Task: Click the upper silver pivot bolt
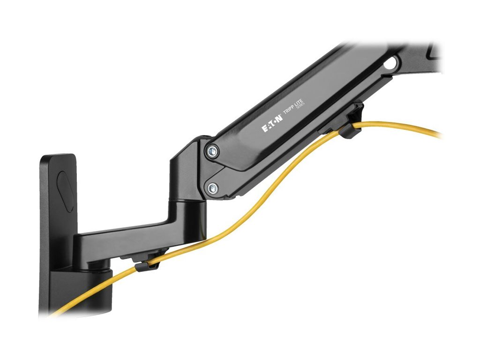coord(212,151)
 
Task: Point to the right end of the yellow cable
coord(438,135)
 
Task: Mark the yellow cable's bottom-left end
coord(54,313)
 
